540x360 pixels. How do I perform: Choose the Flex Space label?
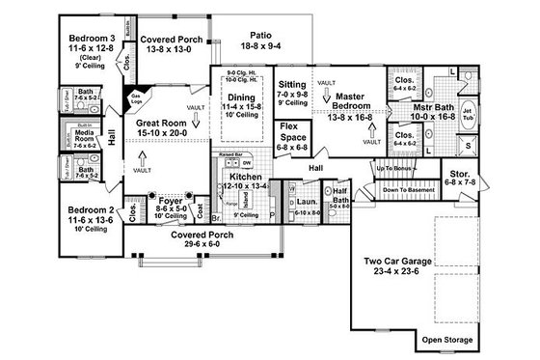pyautogui.click(x=293, y=131)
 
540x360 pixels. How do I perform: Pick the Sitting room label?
pyautogui.click(x=292, y=85)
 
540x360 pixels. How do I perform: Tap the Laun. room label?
pyautogui.click(x=305, y=201)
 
